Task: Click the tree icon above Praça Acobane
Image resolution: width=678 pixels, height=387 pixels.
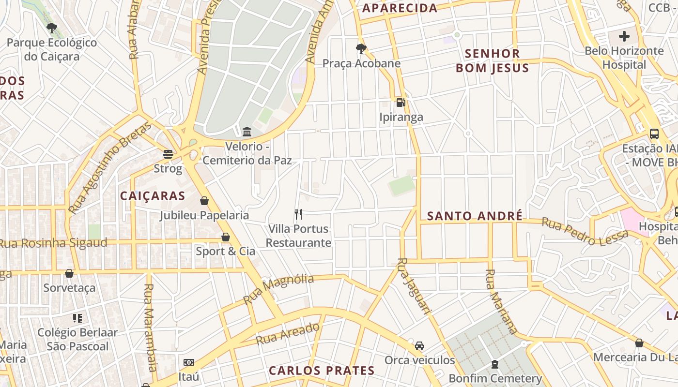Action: (x=361, y=48)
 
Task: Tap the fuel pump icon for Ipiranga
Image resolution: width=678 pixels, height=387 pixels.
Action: (x=401, y=102)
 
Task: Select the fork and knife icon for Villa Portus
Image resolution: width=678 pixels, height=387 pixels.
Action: (x=298, y=214)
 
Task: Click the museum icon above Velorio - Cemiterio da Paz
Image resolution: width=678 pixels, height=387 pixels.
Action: (x=247, y=131)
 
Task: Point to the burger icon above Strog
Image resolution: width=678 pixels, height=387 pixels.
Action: (x=168, y=154)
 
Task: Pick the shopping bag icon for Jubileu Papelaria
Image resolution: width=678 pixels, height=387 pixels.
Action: (x=204, y=201)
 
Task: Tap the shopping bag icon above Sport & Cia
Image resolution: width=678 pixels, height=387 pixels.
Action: (x=226, y=237)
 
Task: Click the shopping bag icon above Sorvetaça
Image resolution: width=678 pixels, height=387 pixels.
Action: (x=69, y=273)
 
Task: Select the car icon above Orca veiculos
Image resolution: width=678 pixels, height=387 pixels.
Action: (x=419, y=346)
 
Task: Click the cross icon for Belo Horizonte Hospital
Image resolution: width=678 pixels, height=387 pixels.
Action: (x=624, y=36)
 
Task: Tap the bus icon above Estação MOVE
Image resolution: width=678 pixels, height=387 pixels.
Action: (x=654, y=134)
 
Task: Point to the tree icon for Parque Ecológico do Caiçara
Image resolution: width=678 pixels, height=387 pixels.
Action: (x=52, y=28)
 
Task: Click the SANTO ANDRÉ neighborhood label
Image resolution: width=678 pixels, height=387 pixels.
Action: (x=475, y=216)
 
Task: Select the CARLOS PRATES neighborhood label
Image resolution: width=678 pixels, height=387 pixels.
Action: (x=322, y=371)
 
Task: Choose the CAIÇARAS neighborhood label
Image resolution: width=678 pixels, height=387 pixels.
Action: (x=153, y=195)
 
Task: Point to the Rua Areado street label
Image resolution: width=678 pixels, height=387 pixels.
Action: (x=288, y=334)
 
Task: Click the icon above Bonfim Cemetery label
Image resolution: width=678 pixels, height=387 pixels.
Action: (x=495, y=364)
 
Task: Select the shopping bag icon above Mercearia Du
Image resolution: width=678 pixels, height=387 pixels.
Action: (x=639, y=343)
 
